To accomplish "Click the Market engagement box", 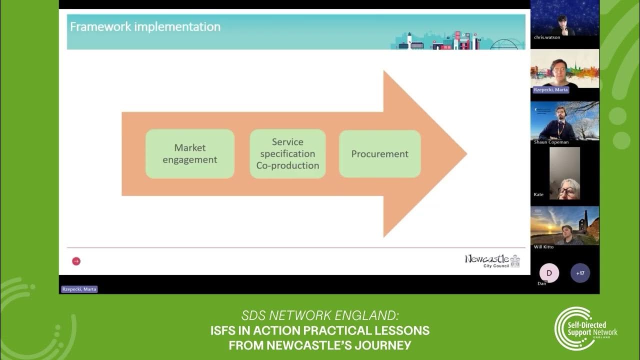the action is [190, 154].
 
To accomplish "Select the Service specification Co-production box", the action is [287, 154].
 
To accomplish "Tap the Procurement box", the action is [379, 154].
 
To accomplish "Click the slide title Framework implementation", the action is [145, 27].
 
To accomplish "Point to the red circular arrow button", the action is [76, 261].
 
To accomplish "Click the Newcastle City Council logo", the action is [492, 261].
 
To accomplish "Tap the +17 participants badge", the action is [580, 273].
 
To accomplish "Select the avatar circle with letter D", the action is [549, 273].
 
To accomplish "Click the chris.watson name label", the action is [547, 37].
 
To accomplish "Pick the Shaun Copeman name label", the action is [551, 142].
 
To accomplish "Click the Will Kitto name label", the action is [543, 247].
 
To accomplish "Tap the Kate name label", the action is [538, 194].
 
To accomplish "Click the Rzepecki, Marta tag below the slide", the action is [79, 289].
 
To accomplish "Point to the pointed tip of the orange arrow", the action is [467, 154].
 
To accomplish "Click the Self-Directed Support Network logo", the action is [585, 328].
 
